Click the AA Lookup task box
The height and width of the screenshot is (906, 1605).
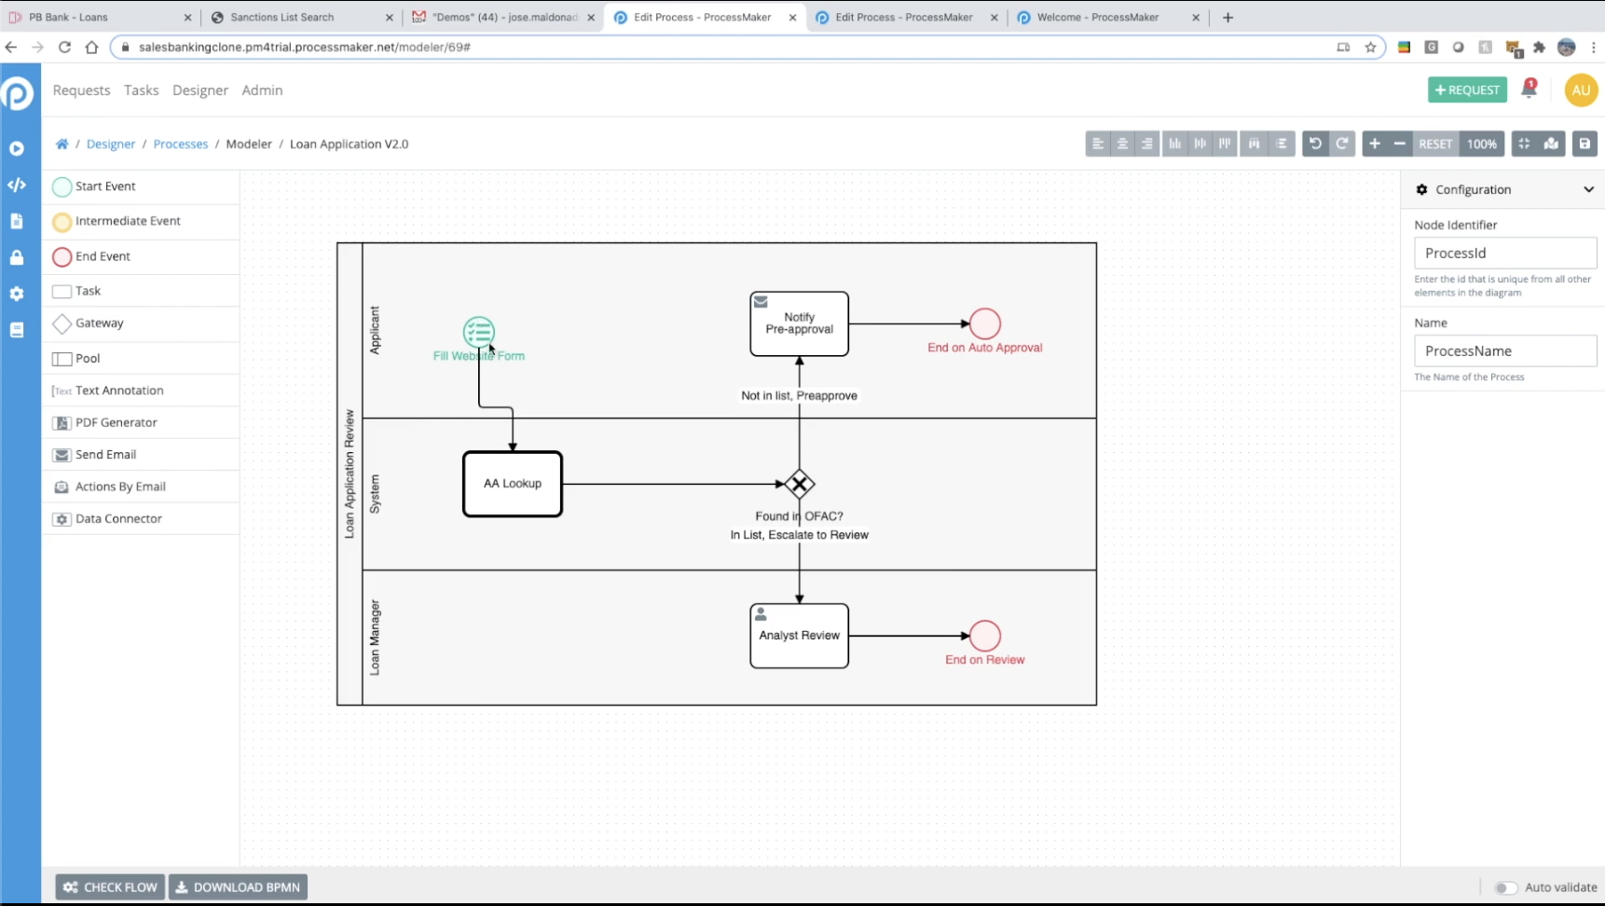point(513,484)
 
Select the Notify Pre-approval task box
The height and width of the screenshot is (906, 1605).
point(799,323)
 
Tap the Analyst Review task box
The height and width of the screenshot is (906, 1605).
point(799,636)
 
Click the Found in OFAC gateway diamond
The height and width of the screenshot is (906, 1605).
point(799,484)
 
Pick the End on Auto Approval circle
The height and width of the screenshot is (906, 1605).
point(984,323)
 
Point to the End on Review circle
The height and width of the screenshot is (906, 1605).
point(984,636)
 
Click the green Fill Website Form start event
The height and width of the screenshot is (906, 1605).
point(478,332)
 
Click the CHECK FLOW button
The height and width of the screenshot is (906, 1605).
point(110,886)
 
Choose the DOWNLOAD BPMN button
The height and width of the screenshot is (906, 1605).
point(238,886)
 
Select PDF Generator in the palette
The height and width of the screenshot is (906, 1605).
point(116,422)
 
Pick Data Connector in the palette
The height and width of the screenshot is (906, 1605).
point(118,518)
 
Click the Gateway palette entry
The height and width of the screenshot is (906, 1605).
point(99,323)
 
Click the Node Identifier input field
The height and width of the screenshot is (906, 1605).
point(1504,253)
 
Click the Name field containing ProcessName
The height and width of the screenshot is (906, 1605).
point(1504,350)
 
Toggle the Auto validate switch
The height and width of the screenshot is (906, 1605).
point(1505,887)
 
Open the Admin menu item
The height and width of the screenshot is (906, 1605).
point(262,90)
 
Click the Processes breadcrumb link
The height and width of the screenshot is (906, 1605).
point(180,144)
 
